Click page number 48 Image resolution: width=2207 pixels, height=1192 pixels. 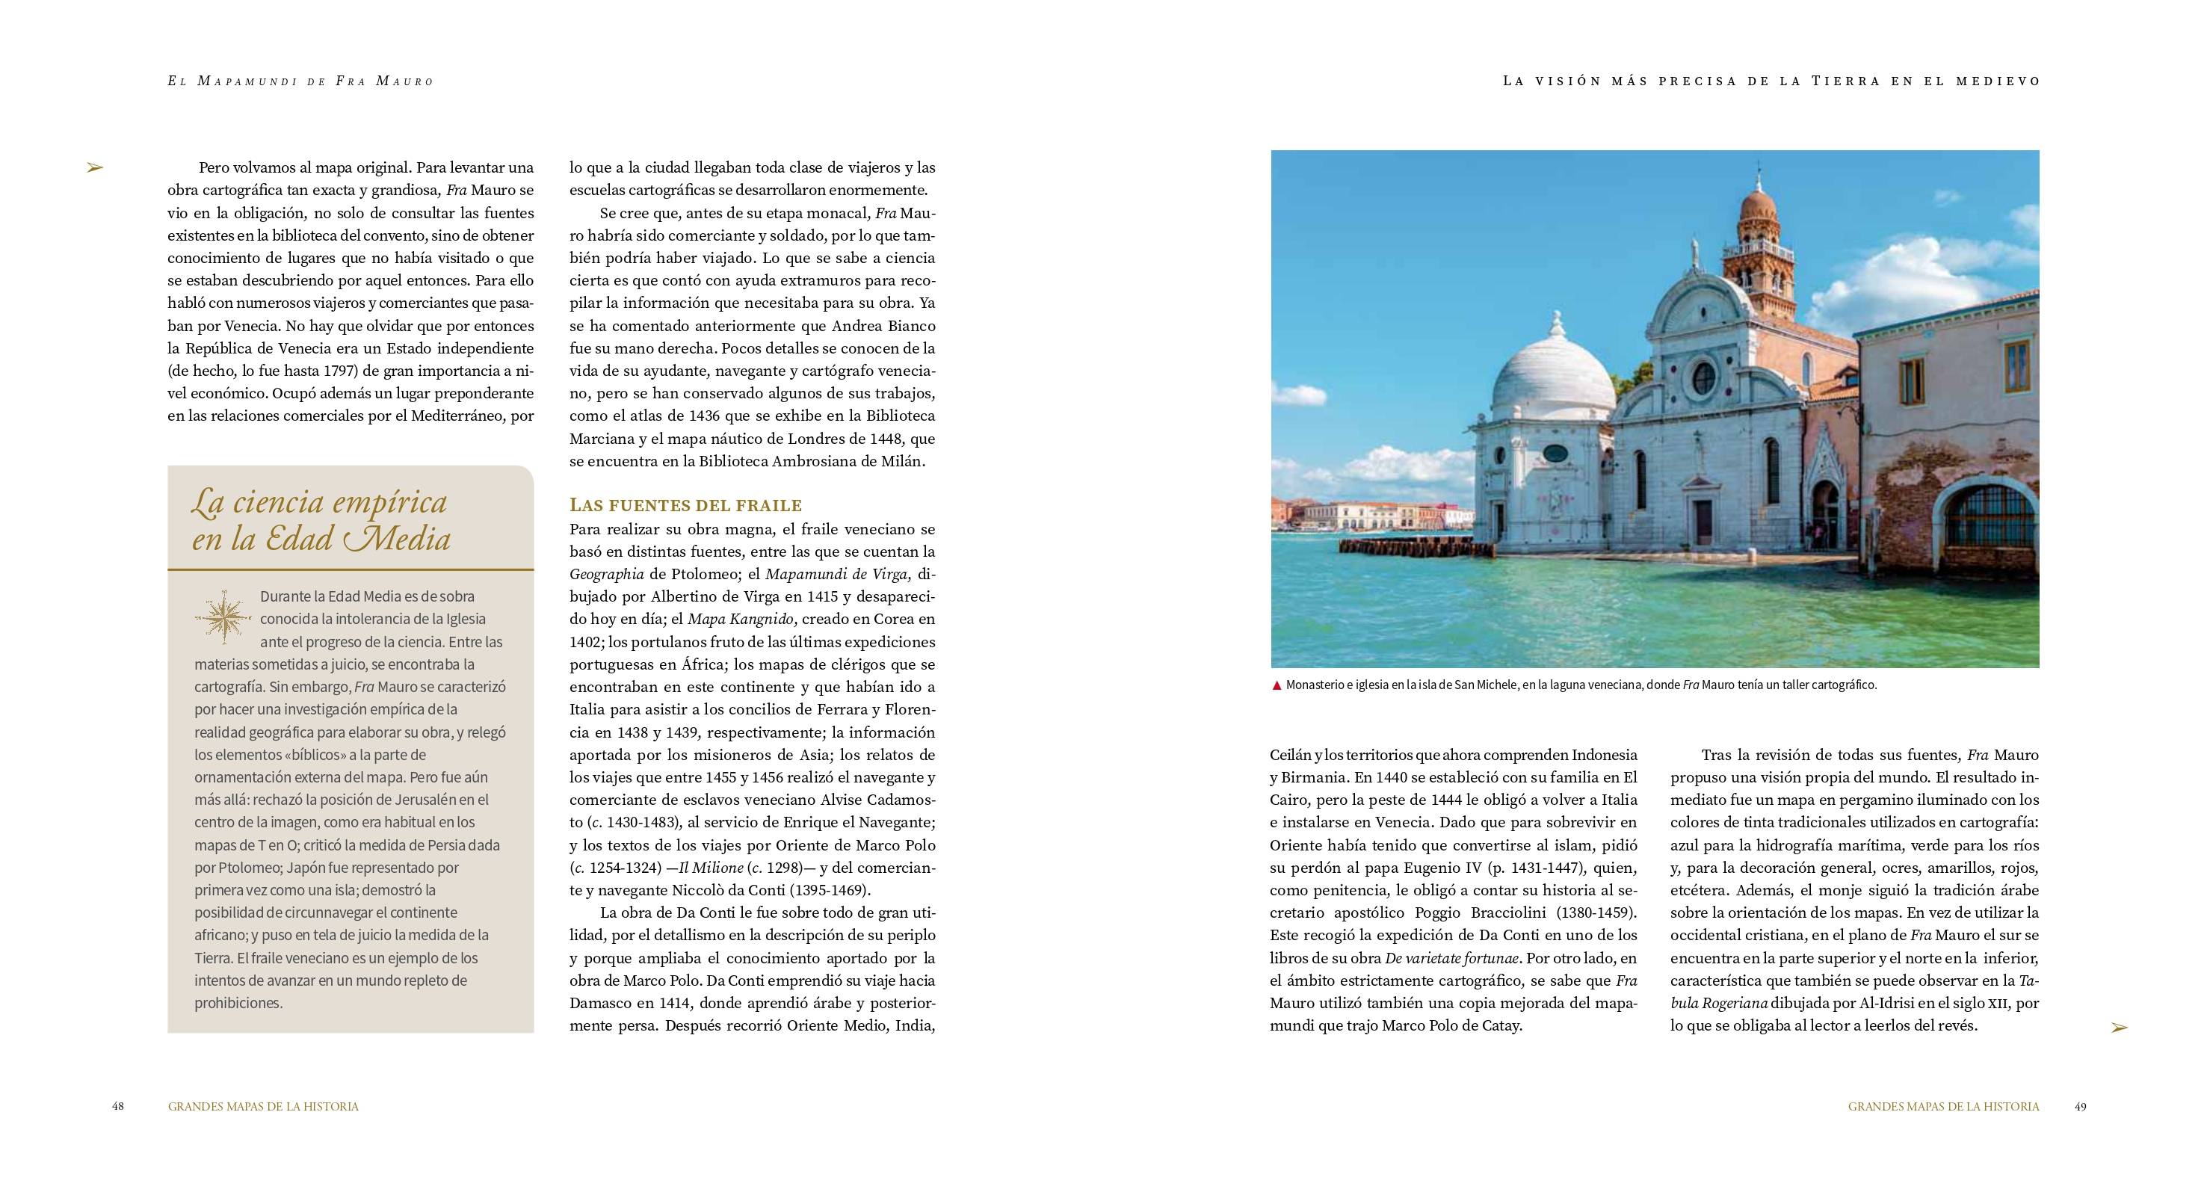click(117, 1106)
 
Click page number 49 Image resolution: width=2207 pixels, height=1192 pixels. click(2080, 1106)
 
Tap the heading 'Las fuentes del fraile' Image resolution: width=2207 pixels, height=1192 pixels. click(685, 504)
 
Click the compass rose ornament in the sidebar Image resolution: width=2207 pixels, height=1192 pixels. click(223, 617)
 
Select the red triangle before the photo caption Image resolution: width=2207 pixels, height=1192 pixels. click(1277, 685)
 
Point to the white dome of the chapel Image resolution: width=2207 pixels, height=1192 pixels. click(1552, 377)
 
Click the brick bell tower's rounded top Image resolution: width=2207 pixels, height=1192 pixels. click(1758, 206)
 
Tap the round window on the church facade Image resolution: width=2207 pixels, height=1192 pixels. click(1704, 377)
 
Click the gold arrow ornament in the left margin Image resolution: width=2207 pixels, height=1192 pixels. click(94, 168)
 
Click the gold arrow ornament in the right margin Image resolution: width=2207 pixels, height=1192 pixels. click(2119, 1028)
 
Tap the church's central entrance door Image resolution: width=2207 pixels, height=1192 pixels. click(1703, 520)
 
